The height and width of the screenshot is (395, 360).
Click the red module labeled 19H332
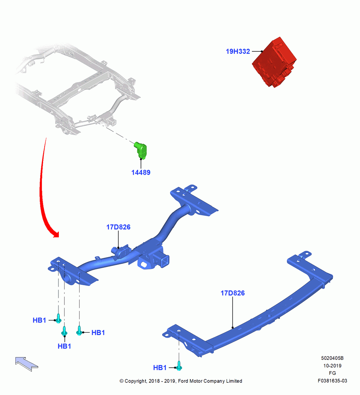[x=274, y=62]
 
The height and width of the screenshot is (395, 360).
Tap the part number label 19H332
[x=238, y=51]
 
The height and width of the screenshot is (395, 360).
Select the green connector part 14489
[x=141, y=150]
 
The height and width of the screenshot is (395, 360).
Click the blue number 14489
[x=141, y=173]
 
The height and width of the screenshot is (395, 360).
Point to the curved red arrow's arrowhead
[x=55, y=234]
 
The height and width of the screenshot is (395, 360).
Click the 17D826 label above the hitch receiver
[x=118, y=227]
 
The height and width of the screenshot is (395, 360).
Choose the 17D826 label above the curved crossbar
[x=232, y=293]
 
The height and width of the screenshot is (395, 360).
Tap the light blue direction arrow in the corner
[x=26, y=364]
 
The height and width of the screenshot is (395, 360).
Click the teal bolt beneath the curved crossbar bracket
[x=179, y=366]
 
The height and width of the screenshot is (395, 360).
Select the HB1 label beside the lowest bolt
[x=160, y=368]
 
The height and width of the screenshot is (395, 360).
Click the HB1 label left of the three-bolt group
[x=39, y=320]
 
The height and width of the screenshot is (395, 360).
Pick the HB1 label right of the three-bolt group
[x=98, y=333]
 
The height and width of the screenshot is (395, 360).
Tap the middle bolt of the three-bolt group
[x=64, y=331]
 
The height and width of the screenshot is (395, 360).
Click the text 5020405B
[x=332, y=358]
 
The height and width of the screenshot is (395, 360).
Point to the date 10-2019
[x=332, y=366]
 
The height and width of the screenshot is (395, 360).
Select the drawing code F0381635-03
[x=332, y=381]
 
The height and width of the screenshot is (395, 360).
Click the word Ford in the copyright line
[x=183, y=381]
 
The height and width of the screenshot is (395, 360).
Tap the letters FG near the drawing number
[x=332, y=373]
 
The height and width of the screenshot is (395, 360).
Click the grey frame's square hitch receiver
[x=113, y=123]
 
